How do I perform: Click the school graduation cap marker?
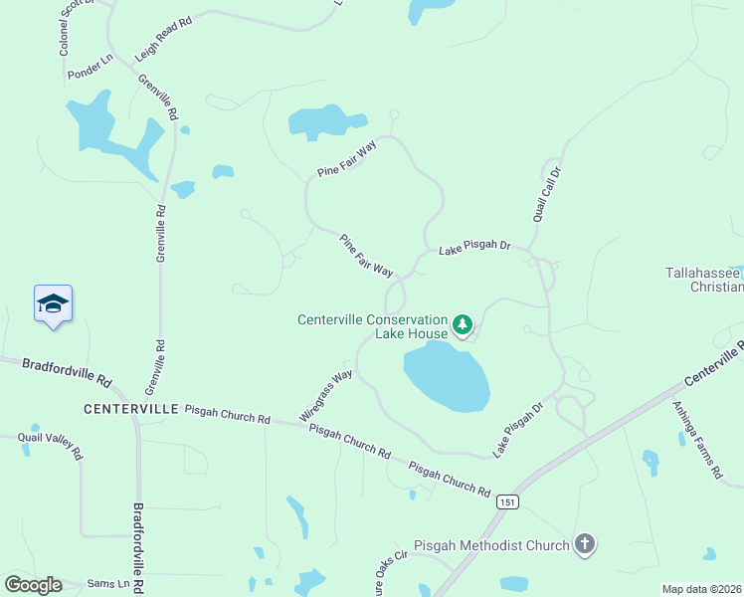pyautogui.click(x=54, y=304)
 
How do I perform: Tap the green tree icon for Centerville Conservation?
pyautogui.click(x=462, y=323)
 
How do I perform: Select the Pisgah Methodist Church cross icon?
pyautogui.click(x=585, y=544)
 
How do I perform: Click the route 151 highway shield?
pyautogui.click(x=508, y=501)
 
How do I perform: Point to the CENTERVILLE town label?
pyautogui.click(x=130, y=409)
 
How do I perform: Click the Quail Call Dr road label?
pyautogui.click(x=546, y=194)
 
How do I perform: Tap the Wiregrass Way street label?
pyautogui.click(x=326, y=395)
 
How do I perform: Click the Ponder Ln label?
pyautogui.click(x=90, y=67)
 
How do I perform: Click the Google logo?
pyautogui.click(x=33, y=585)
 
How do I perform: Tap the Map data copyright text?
pyautogui.click(x=702, y=589)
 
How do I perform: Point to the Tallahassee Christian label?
pyautogui.click(x=704, y=280)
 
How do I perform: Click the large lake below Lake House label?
pyautogui.click(x=447, y=377)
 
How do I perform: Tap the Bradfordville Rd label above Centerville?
pyautogui.click(x=68, y=372)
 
